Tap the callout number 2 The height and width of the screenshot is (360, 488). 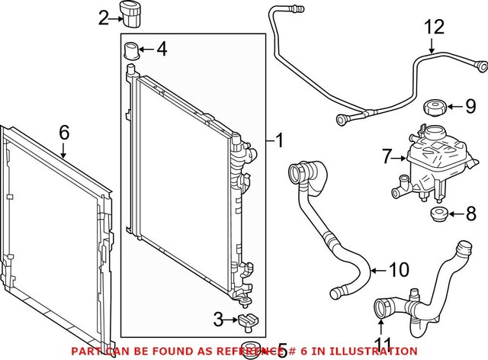(104, 17)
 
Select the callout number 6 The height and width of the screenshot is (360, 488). (64, 132)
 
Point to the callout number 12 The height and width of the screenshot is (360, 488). (433, 27)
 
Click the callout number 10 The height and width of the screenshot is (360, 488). (399, 271)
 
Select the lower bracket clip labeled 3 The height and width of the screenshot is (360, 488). (246, 322)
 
